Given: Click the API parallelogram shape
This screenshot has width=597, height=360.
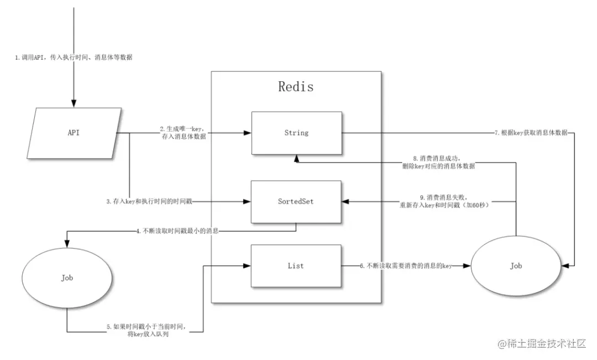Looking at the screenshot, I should tap(74, 133).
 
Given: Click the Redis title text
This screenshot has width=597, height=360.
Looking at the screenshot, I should tap(296, 87).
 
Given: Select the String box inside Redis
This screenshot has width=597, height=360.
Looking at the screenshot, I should tap(296, 133).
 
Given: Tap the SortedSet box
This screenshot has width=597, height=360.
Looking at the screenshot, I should tap(296, 201).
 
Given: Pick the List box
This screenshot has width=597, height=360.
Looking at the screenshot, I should tap(296, 266).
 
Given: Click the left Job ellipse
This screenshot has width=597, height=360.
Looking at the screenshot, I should tap(67, 278).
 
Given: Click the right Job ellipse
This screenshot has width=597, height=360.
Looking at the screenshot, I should tap(515, 266).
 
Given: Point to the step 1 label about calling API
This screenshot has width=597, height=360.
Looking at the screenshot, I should tap(74, 58).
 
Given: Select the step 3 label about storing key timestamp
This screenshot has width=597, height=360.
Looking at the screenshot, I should tap(150, 202).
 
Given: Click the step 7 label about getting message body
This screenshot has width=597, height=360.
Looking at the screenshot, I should tap(531, 133).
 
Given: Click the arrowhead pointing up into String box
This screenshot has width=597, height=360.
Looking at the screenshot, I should tap(296, 159).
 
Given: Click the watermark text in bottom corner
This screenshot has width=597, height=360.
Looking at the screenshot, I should tap(542, 344).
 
